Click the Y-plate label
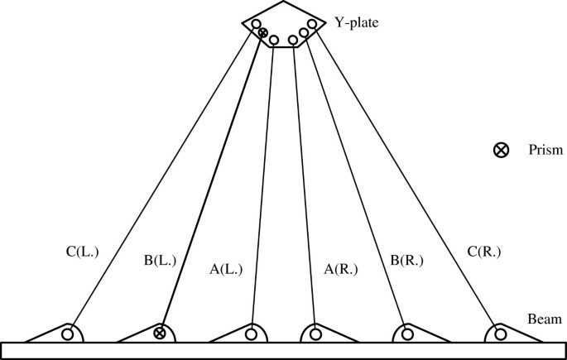[x=357, y=23]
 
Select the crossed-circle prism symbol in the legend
[x=501, y=151]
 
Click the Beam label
[x=545, y=319]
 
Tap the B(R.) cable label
[x=406, y=262]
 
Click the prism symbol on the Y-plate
[x=263, y=33]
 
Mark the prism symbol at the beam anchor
[x=160, y=334]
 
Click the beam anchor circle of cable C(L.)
[x=68, y=334]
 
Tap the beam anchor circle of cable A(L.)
[x=251, y=334]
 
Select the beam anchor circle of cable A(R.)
[x=315, y=334]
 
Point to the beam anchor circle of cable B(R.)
[x=406, y=334]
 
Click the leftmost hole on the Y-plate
[x=256, y=25]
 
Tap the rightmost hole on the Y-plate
[x=313, y=24]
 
